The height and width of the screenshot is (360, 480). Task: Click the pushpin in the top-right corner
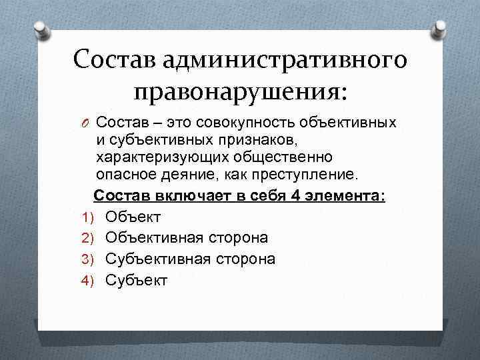point(441,29)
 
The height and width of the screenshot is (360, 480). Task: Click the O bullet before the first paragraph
point(84,123)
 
